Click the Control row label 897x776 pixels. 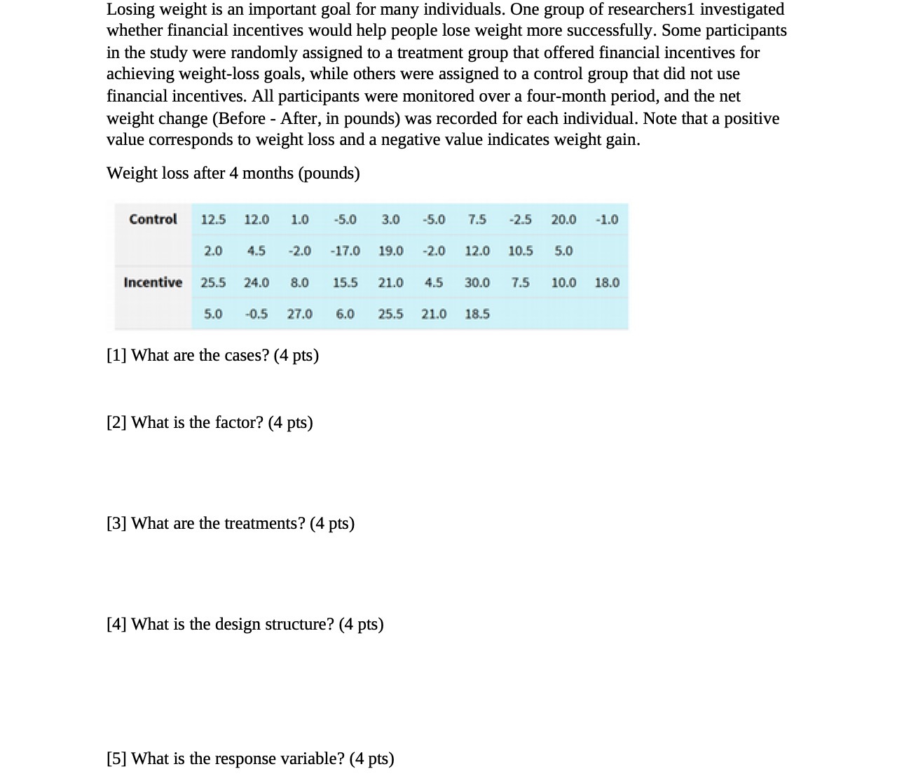tap(153, 219)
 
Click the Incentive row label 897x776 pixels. tap(153, 282)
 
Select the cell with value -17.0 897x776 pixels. tap(345, 251)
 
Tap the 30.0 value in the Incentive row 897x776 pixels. tap(477, 282)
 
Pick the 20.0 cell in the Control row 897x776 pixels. tap(563, 219)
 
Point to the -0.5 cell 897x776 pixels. tap(256, 314)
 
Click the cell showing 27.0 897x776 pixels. tap(299, 314)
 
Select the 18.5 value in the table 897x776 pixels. tap(477, 314)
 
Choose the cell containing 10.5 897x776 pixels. tap(520, 251)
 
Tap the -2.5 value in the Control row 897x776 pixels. tap(520, 219)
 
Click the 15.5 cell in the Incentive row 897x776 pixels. tap(345, 282)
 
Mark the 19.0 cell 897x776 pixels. tap(390, 251)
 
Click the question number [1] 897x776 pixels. tap(116, 355)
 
